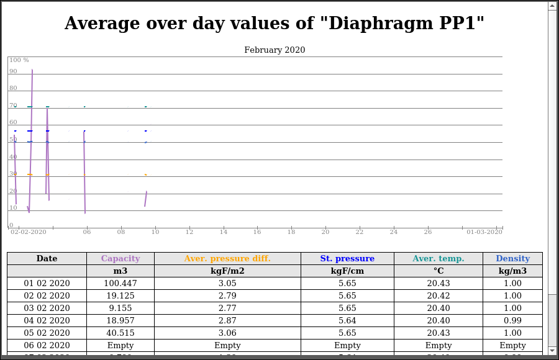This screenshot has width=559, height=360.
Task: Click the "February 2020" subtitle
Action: click(x=275, y=50)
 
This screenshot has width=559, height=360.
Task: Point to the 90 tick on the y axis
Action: click(x=13, y=71)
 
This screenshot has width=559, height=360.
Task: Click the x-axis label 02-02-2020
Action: click(x=29, y=232)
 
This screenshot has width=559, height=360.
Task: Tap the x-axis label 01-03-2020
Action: click(x=484, y=232)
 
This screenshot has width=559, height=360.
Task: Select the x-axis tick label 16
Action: click(x=257, y=232)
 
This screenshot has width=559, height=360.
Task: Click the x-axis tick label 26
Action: click(x=427, y=232)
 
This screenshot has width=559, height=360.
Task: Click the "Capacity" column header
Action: click(x=120, y=259)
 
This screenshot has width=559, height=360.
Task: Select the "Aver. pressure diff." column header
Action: click(x=227, y=259)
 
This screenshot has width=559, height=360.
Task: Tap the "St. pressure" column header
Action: click(x=347, y=259)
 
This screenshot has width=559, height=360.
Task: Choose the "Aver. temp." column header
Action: click(x=438, y=259)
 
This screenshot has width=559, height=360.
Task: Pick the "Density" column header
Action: click(x=512, y=259)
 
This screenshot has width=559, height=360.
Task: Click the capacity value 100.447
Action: click(x=120, y=284)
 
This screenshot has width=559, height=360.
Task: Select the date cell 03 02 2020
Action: click(x=47, y=308)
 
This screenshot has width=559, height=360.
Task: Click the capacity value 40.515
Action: click(x=120, y=333)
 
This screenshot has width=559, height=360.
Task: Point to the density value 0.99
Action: click(x=512, y=321)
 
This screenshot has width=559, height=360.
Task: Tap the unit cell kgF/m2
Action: click(x=227, y=271)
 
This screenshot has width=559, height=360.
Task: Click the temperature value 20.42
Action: click(x=438, y=296)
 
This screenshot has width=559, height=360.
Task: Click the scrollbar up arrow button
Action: click(x=552, y=6)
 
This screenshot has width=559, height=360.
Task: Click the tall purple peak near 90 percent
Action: click(x=32, y=72)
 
